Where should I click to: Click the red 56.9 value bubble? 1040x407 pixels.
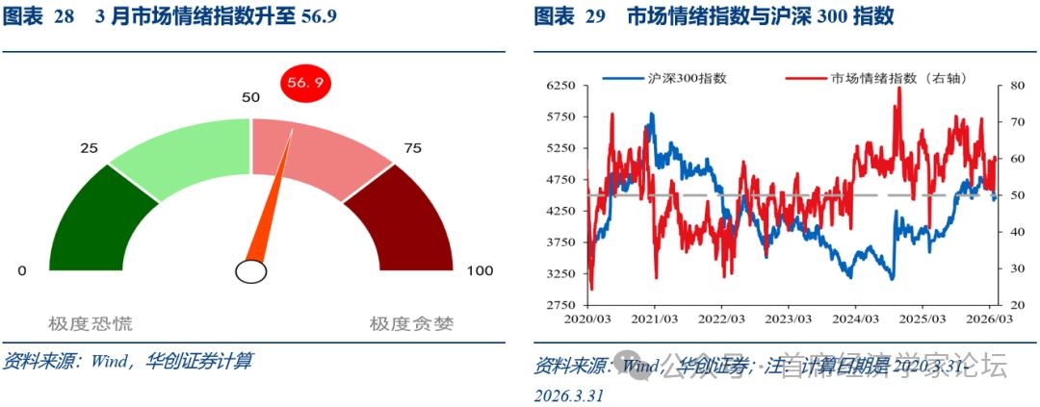tap(305, 84)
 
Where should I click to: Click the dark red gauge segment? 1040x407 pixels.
tap(405, 227)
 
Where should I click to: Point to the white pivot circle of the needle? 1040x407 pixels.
tap(250, 272)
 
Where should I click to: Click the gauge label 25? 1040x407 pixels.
tap(90, 148)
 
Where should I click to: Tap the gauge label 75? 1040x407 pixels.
tap(412, 148)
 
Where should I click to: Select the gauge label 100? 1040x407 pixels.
tap(480, 271)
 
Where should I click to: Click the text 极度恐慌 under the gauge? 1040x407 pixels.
tap(91, 323)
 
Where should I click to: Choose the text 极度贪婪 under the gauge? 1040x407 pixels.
tap(411, 323)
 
